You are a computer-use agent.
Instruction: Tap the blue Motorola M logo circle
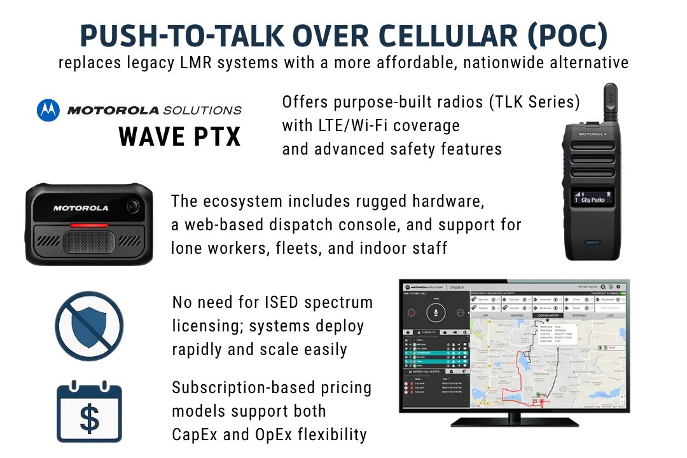point(48,110)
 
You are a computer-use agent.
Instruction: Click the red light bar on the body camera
point(89,226)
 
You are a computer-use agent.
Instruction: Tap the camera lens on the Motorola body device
point(132,205)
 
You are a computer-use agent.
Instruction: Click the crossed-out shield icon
point(89,326)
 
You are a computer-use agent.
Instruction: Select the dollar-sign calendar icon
point(89,412)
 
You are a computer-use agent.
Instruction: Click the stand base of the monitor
point(514,421)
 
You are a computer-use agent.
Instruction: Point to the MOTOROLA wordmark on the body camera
point(81,208)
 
